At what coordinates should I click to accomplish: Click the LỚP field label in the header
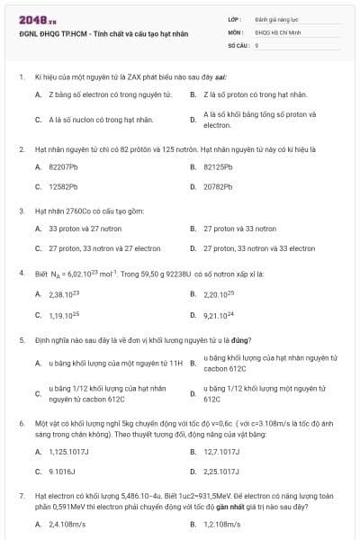pyautogui.click(x=234, y=18)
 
